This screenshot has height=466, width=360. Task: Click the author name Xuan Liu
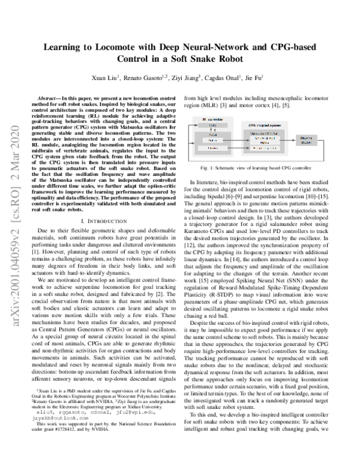coord(108,77)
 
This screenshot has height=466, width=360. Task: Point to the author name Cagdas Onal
coord(240,77)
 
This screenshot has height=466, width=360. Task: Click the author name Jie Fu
coord(275,77)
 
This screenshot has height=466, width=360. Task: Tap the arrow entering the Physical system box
coord(294,140)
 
